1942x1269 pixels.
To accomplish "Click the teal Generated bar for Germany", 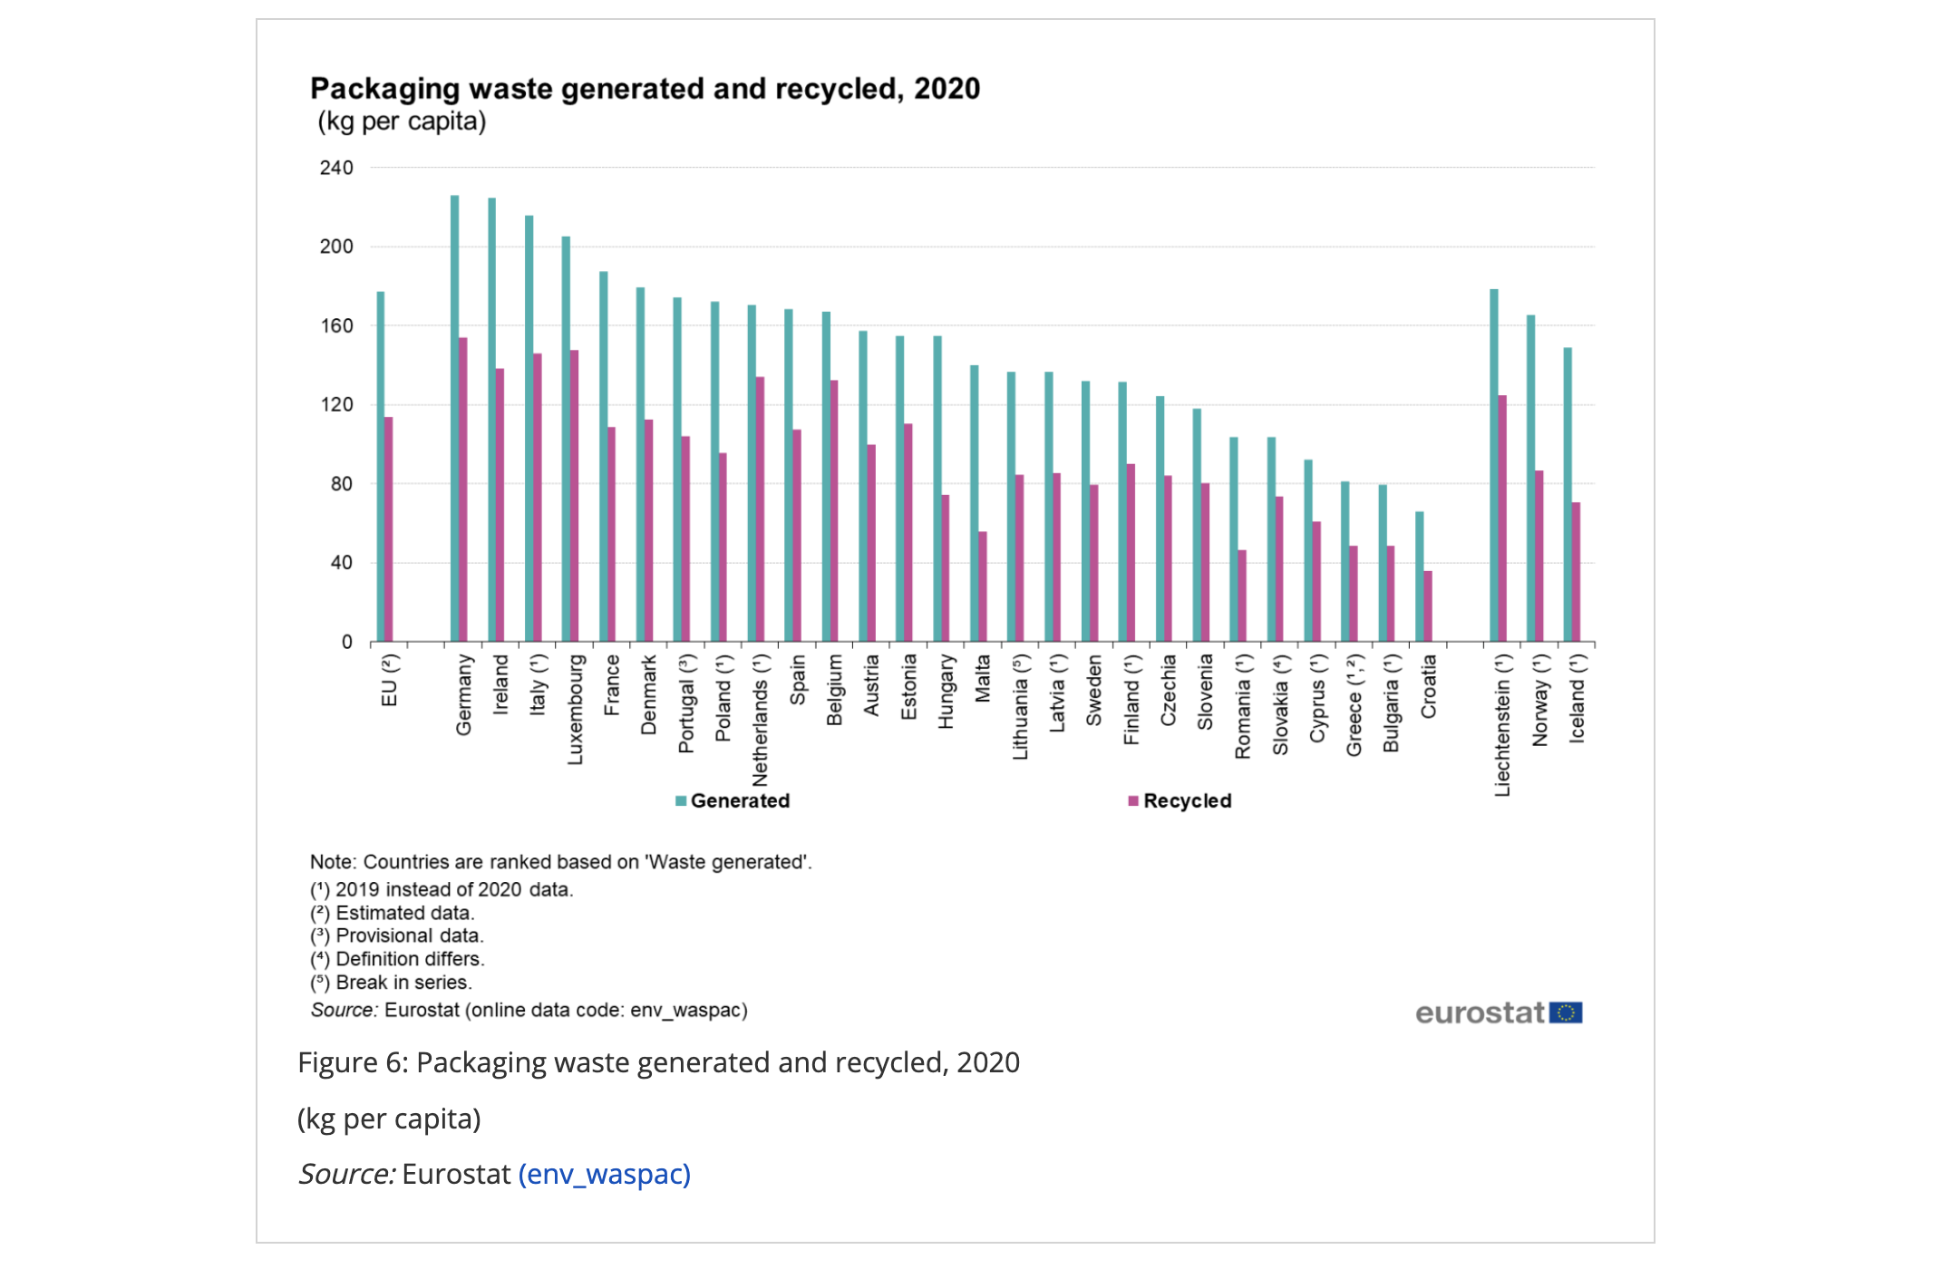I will pyautogui.click(x=454, y=417).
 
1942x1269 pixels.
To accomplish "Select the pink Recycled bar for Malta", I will pyautogui.click(x=983, y=586).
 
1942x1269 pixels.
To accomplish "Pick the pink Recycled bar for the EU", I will pyautogui.click(x=389, y=529).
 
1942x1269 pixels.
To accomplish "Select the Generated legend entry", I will pyautogui.click(x=733, y=801).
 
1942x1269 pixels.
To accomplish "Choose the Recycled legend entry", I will pyautogui.click(x=1180, y=801).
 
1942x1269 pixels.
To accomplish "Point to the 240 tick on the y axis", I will pyautogui.click(x=336, y=168).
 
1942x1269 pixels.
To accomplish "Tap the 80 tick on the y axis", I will pyautogui.click(x=341, y=484).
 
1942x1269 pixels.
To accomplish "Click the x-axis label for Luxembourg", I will pyautogui.click(x=575, y=710).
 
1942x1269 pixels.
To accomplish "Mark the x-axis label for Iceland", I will pyautogui.click(x=1577, y=699).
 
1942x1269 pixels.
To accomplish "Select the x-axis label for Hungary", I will pyautogui.click(x=946, y=692).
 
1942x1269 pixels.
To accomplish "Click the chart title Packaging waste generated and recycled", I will pyautogui.click(x=645, y=89).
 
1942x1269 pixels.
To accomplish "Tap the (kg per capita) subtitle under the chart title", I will pyautogui.click(x=402, y=121).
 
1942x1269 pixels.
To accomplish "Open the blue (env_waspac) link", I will pyautogui.click(x=604, y=1175).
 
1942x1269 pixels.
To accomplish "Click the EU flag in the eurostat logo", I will pyautogui.click(x=1566, y=1012).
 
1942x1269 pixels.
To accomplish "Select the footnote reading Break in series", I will pyautogui.click(x=391, y=983).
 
